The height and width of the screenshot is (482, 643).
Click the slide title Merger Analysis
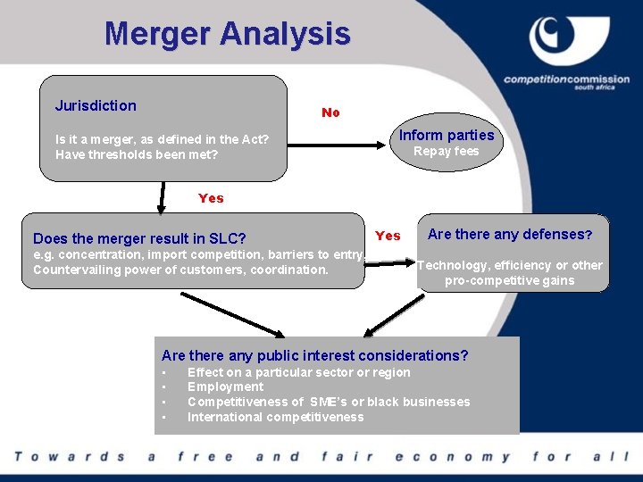[227, 35]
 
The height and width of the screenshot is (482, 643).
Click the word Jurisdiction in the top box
[96, 105]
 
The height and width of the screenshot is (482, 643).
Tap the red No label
[330, 112]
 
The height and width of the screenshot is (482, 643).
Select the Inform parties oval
[446, 141]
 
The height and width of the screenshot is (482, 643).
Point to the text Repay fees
[446, 152]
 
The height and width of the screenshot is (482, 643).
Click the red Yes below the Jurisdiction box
[211, 198]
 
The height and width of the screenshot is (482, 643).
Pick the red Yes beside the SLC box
[388, 236]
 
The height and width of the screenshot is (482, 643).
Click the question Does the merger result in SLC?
[139, 238]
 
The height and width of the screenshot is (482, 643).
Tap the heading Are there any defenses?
[509, 235]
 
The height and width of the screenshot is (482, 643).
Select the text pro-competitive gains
[509, 280]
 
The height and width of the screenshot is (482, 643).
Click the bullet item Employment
[225, 386]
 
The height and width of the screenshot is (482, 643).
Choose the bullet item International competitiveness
[275, 417]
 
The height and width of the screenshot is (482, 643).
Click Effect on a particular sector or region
[298, 372]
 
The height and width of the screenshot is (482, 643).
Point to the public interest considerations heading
[314, 355]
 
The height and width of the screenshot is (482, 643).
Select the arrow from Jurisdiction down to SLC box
[162, 197]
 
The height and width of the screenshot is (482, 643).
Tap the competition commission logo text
[566, 80]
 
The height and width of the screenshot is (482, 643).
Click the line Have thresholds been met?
[137, 154]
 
